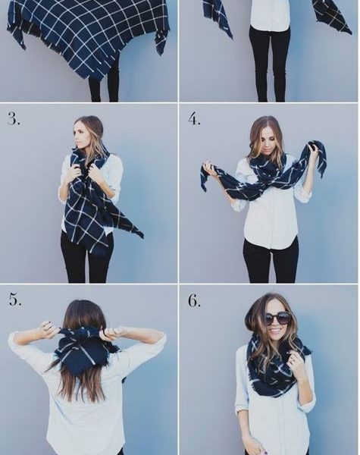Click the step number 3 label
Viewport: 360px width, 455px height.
[14, 118]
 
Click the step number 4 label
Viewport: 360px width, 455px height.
[194, 118]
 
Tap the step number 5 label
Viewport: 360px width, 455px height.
[15, 300]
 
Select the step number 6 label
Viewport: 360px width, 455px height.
[194, 300]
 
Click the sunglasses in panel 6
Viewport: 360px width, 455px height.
[277, 318]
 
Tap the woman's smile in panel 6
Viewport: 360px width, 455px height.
[276, 330]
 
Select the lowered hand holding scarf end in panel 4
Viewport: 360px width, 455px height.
[210, 169]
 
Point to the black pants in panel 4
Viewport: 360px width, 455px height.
[271, 261]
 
